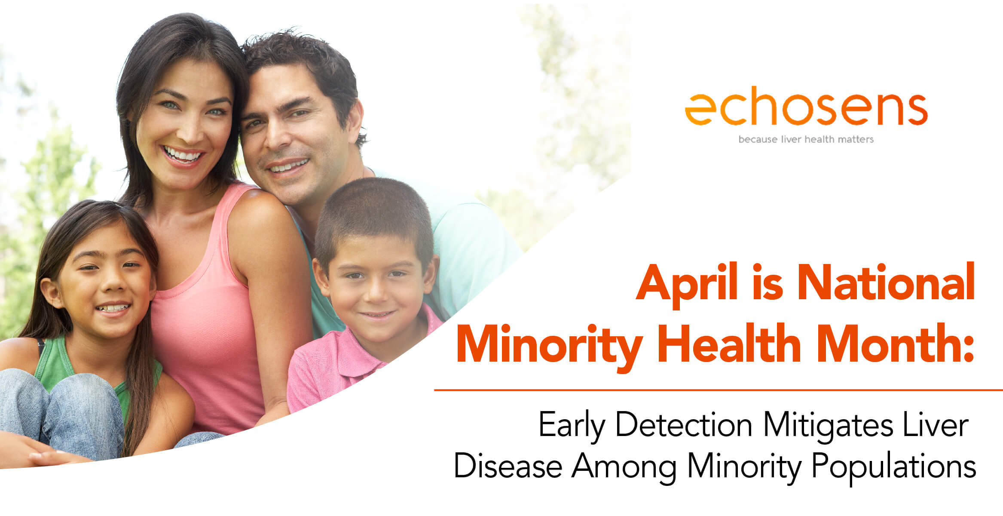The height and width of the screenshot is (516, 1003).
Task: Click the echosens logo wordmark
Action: click(x=806, y=108)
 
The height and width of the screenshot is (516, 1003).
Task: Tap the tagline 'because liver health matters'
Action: click(x=806, y=139)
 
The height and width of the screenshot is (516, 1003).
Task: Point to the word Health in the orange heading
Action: click(x=729, y=344)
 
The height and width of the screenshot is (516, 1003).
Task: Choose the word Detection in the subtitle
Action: click(x=684, y=424)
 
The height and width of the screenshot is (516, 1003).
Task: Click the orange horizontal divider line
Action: click(x=718, y=390)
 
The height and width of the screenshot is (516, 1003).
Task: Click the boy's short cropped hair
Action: click(x=374, y=211)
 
